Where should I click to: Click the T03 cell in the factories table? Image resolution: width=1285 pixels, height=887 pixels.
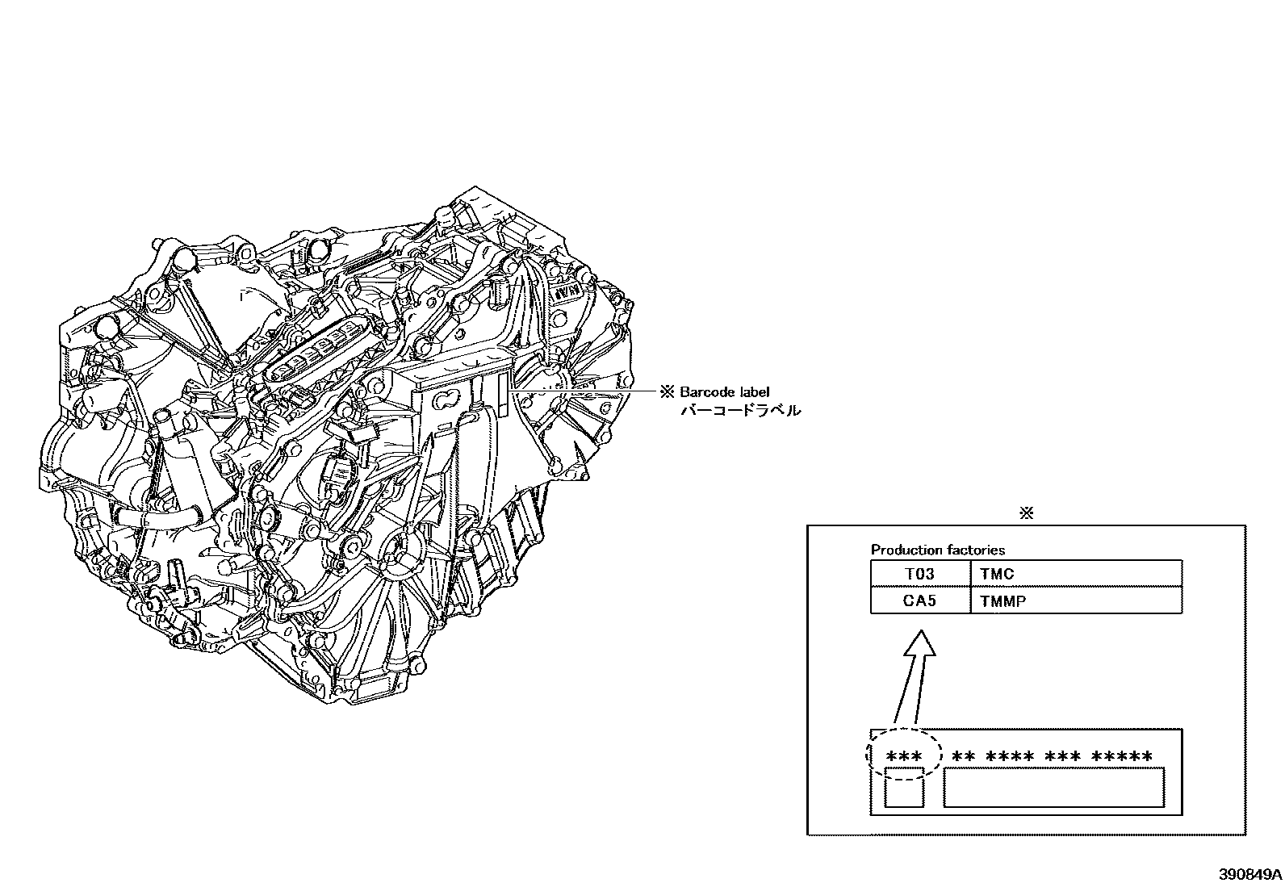[x=919, y=574]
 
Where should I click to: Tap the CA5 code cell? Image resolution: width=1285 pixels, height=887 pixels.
[x=919, y=600]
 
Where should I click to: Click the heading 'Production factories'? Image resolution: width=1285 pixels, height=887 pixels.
[x=937, y=550]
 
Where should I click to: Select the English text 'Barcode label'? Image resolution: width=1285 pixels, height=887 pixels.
[x=724, y=392]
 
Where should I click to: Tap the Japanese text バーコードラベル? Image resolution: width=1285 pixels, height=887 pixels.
[x=740, y=411]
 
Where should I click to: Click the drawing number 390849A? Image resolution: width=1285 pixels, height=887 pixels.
[x=1250, y=874]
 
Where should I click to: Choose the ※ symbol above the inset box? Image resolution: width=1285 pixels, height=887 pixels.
[x=1026, y=513]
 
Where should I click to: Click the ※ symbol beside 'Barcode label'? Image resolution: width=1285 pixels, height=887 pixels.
[x=667, y=392]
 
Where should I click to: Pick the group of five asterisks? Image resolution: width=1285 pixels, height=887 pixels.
[x=1122, y=756]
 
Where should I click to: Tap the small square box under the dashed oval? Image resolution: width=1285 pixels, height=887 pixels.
[x=903, y=788]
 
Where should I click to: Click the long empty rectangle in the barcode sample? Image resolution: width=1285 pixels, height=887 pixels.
[x=1053, y=787]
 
